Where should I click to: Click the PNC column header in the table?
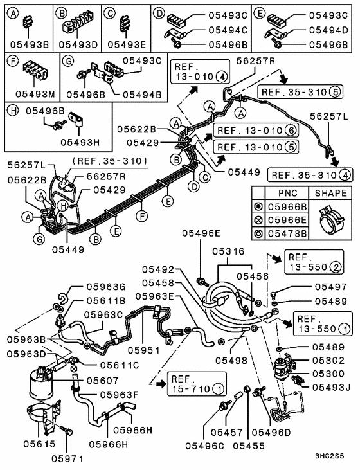[287, 193]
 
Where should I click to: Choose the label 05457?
[213, 444]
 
